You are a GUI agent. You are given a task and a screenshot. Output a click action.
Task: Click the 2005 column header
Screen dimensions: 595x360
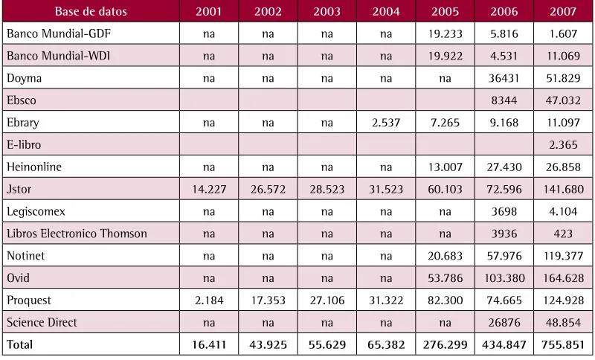(445, 11)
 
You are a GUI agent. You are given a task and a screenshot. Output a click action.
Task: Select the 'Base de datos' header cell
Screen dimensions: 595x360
(91, 11)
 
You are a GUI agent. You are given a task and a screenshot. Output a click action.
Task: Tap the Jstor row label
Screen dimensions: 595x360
(19, 189)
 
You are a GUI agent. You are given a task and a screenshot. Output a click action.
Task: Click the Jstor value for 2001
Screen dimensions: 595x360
(209, 189)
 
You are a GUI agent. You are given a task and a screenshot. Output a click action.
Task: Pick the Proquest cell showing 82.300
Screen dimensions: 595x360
(445, 300)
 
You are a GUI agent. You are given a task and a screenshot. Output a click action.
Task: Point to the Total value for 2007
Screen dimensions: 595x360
(563, 344)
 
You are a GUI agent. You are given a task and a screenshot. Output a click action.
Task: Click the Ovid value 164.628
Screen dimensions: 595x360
(563, 278)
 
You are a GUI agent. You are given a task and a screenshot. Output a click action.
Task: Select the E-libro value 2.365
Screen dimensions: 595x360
(563, 144)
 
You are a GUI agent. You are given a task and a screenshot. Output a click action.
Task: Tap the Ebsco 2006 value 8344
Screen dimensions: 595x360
(504, 100)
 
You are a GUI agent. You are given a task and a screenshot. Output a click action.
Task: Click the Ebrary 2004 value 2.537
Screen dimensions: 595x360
(386, 123)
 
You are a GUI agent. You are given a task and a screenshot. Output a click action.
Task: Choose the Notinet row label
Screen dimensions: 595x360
(26, 256)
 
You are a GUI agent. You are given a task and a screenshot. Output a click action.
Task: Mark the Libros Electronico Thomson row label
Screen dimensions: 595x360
(77, 234)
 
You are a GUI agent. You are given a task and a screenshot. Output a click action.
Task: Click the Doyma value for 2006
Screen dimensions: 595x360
(504, 78)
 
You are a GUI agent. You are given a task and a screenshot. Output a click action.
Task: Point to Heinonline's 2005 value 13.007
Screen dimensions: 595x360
(445, 167)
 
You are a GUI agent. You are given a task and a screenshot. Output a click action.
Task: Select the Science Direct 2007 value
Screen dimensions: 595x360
(563, 323)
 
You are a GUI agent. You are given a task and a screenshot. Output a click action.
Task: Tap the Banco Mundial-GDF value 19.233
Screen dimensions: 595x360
(445, 33)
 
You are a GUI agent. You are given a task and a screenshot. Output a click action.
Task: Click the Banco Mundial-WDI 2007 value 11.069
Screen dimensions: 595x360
(563, 56)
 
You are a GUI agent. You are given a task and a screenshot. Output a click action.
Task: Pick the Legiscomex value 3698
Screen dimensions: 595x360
(504, 211)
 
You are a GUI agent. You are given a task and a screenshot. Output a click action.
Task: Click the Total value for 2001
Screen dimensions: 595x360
(209, 344)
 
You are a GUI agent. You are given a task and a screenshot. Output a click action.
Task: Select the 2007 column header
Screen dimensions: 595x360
(563, 11)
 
